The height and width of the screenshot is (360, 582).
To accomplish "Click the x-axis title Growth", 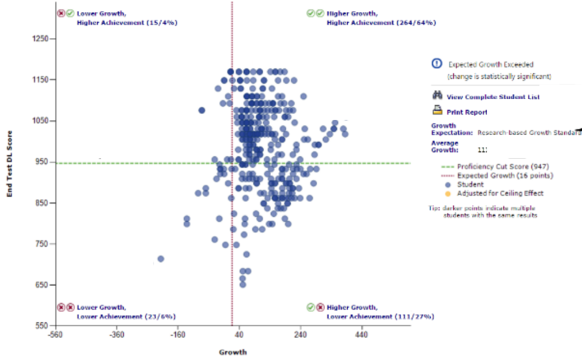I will pyautogui.click(x=233, y=352).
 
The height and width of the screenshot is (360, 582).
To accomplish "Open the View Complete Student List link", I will pyautogui.click(x=493, y=97).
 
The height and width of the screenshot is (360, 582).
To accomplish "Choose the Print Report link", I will pyautogui.click(x=467, y=112).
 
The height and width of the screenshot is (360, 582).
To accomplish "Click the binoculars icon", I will pyautogui.click(x=437, y=96).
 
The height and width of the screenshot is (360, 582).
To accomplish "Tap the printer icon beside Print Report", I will pyautogui.click(x=437, y=109).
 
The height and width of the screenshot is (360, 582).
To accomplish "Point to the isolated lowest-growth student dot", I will pyautogui.click(x=161, y=259).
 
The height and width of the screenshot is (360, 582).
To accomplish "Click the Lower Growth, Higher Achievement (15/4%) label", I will pyautogui.click(x=127, y=18).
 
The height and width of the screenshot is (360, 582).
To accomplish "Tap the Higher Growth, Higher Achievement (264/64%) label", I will pyautogui.click(x=381, y=18).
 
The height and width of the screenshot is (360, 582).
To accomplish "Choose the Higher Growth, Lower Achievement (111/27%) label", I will pyautogui.click(x=380, y=312).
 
